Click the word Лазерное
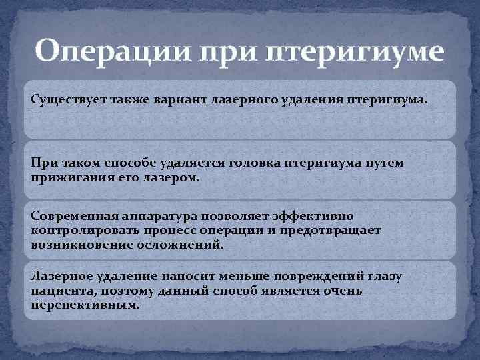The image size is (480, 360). tap(61, 276)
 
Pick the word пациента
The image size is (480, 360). tap(57, 291)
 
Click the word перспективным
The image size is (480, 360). tap(85, 305)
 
